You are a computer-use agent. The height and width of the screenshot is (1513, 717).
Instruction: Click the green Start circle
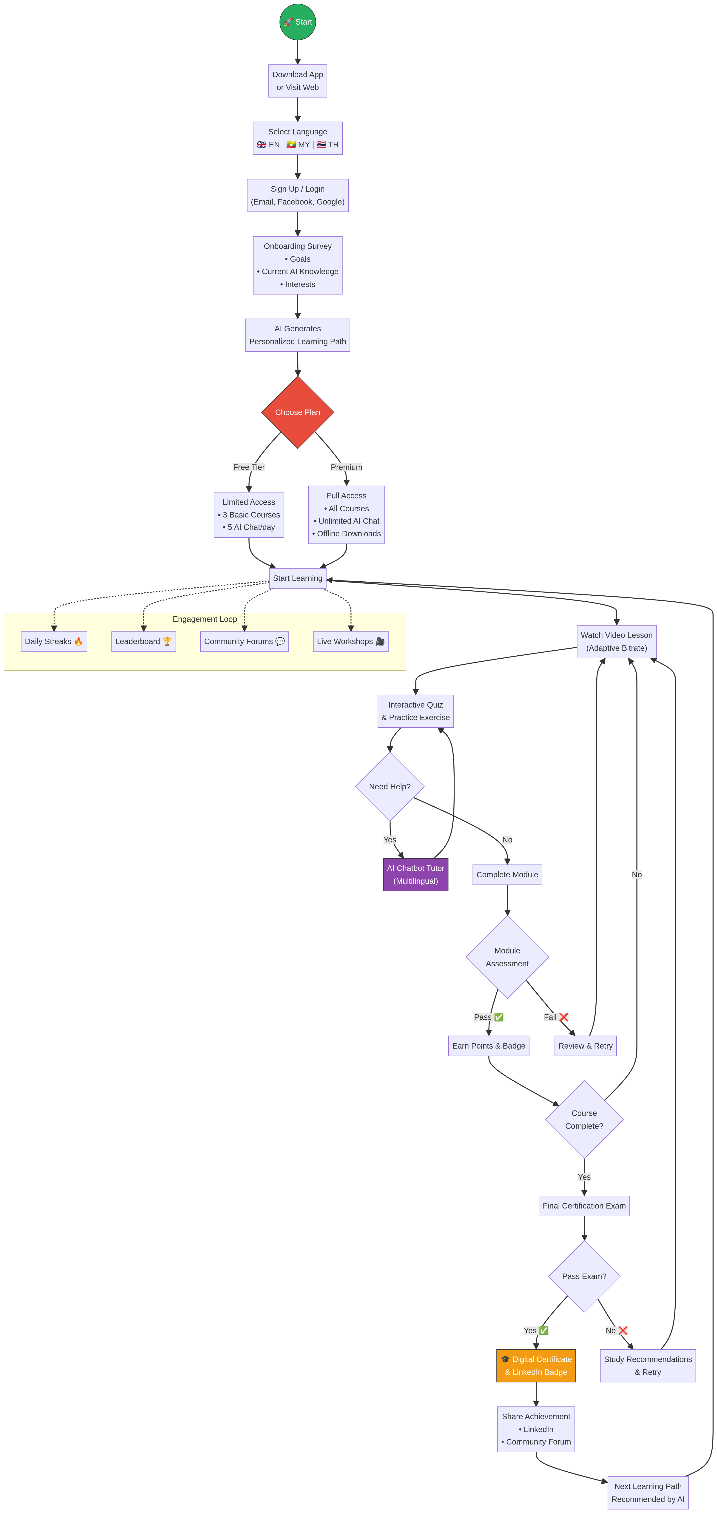pos(298,22)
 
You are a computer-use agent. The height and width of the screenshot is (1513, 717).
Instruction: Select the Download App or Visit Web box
pos(298,81)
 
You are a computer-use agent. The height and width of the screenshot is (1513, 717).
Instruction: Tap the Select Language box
pos(298,138)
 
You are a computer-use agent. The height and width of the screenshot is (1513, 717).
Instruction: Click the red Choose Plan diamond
pos(298,412)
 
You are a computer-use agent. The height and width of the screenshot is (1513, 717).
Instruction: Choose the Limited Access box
pos(249,515)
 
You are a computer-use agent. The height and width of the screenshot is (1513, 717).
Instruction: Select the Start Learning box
pos(298,578)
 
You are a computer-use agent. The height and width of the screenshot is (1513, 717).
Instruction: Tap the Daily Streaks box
pos(54,641)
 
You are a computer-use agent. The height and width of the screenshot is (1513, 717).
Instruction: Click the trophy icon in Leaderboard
pos(167,641)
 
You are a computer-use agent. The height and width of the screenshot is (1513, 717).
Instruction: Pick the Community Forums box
pos(244,641)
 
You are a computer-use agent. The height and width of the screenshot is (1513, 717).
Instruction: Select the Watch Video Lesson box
pos(617,641)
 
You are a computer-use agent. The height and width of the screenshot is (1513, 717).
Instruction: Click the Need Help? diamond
pos(390,786)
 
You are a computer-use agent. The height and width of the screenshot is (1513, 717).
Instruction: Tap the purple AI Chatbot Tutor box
pos(416,875)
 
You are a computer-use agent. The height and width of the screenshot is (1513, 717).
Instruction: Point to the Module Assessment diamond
pos(507,957)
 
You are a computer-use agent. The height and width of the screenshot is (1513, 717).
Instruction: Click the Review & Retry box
pos(586,1046)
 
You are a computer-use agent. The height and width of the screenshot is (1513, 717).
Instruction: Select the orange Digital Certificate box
pos(536,1365)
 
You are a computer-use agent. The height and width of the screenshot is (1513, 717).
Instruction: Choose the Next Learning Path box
pos(648,1493)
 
